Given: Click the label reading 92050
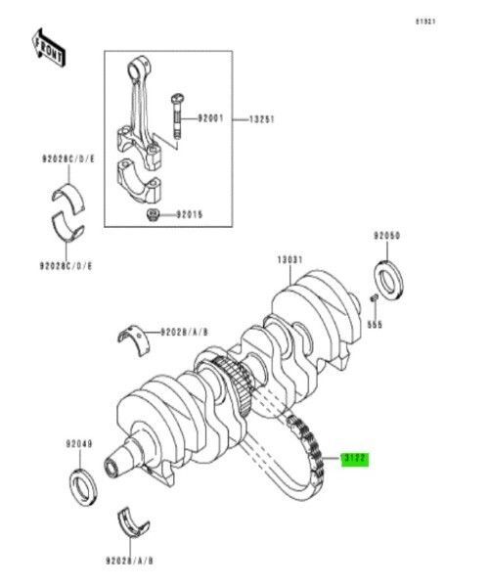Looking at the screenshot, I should [387, 236].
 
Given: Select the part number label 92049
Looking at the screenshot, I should [79, 444].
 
